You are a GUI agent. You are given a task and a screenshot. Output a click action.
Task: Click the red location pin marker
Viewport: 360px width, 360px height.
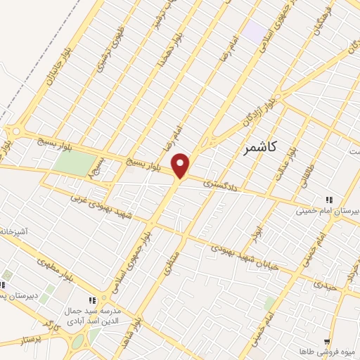181,165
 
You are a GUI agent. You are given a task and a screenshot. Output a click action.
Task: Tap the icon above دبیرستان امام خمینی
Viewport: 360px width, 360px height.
328,199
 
